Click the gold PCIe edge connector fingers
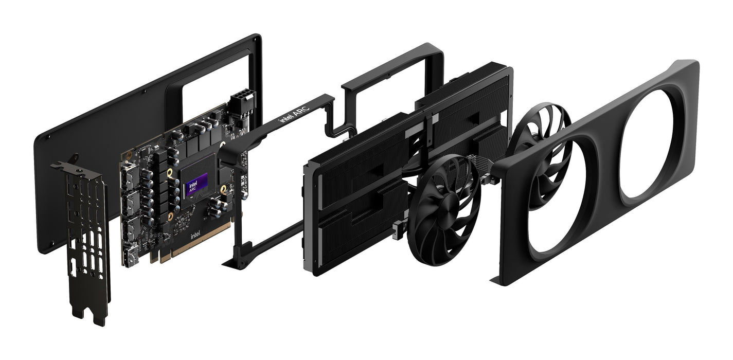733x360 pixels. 195,250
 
